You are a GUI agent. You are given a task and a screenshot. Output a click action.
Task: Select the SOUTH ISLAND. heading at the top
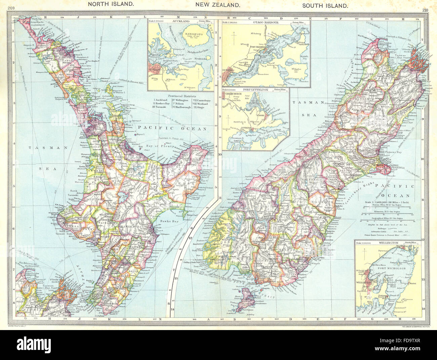(x=325, y=5)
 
